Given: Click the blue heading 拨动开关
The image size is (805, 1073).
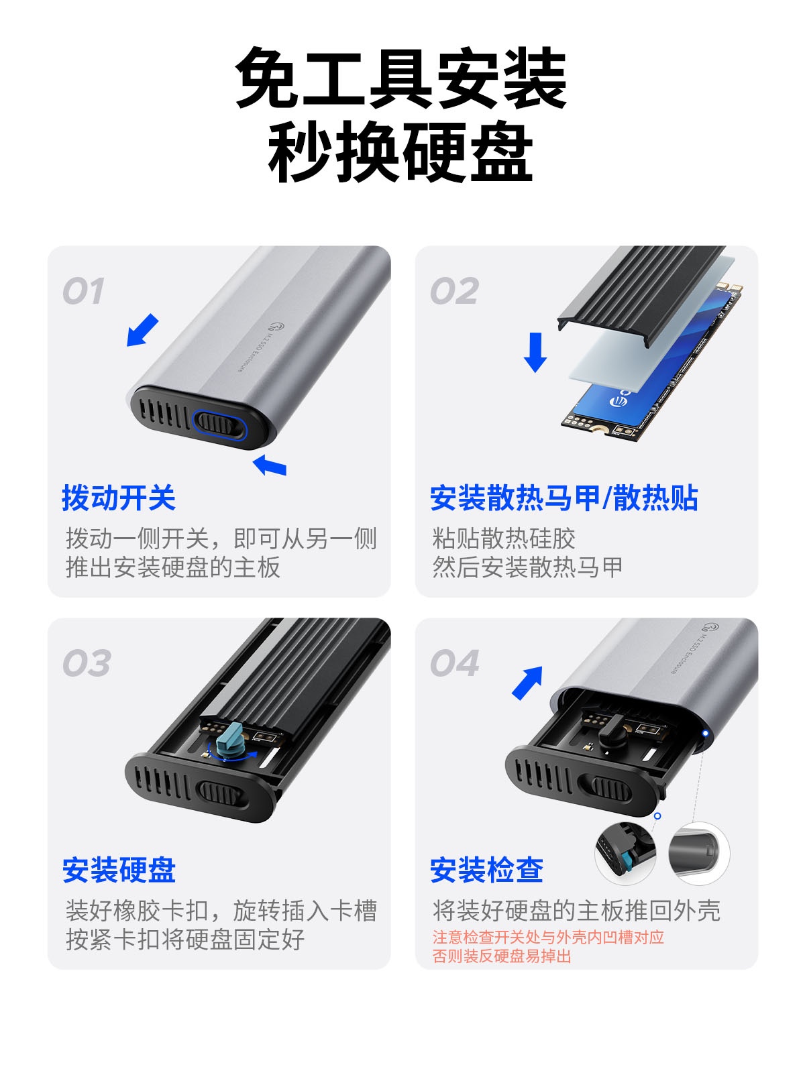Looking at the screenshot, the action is (119, 498).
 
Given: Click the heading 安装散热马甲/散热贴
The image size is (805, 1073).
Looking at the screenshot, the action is (564, 498).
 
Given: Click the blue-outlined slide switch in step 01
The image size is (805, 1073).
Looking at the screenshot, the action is (219, 423).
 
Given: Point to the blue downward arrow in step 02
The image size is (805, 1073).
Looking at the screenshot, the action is (535, 352).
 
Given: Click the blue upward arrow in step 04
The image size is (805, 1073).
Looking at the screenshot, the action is (528, 683).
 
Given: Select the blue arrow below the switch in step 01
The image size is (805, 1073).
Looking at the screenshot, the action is (269, 465).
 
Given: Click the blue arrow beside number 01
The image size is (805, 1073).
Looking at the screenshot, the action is (142, 330).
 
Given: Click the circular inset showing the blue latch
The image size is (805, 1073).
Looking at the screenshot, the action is (626, 854).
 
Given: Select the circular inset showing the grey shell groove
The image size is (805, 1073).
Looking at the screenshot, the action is (698, 854).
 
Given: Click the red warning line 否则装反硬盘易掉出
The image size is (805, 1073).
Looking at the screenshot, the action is (502, 956).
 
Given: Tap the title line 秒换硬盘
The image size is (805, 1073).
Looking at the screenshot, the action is (400, 152).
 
